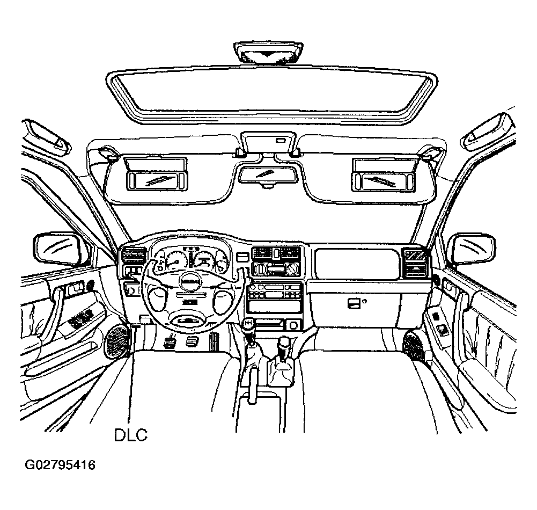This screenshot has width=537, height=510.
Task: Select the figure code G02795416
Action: pyautogui.click(x=60, y=465)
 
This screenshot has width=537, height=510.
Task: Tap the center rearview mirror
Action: pyautogui.click(x=268, y=174)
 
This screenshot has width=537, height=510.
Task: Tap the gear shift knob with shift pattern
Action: pyautogui.click(x=249, y=325)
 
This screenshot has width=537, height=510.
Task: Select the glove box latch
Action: pyautogui.click(x=354, y=303)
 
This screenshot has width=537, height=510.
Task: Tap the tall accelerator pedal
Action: pyautogui.click(x=214, y=341)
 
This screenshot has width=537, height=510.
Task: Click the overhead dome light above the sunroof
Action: pyautogui.click(x=268, y=53)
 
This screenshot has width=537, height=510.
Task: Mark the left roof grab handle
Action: pyautogui.click(x=46, y=135)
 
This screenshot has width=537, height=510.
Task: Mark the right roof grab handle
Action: pyautogui.click(x=488, y=132)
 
